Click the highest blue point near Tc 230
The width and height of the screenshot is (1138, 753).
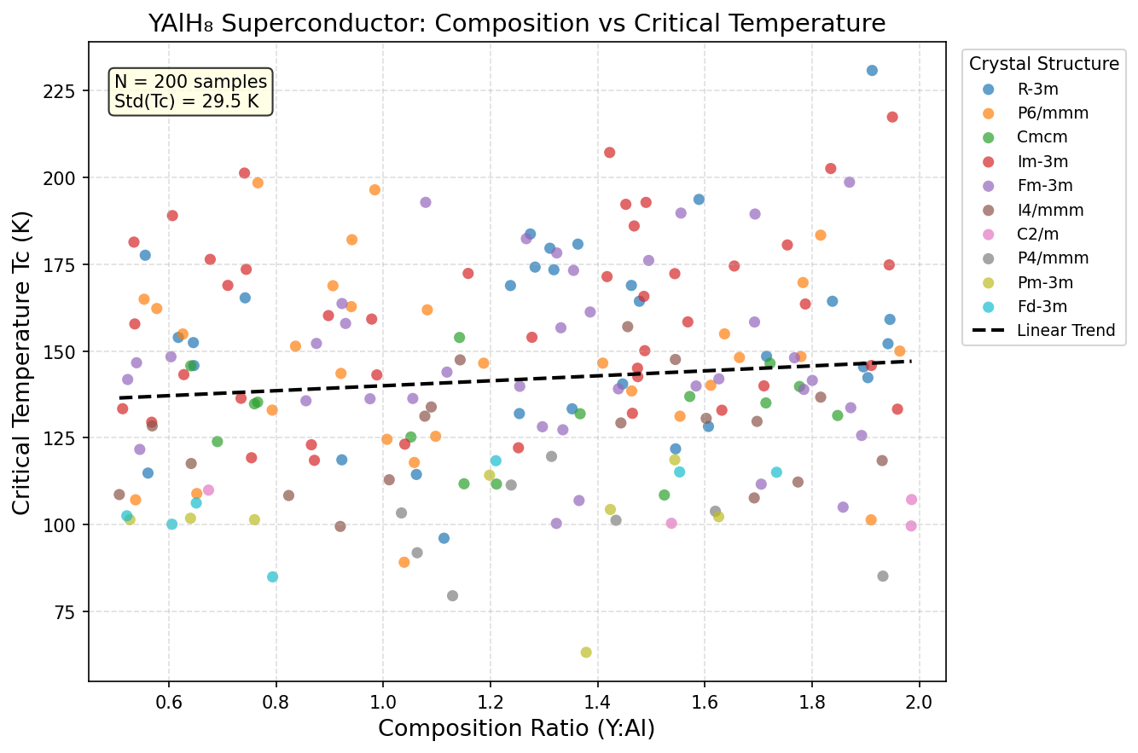[872, 71]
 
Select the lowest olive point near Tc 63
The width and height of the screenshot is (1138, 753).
[586, 652]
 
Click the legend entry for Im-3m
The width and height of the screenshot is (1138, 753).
[1042, 160]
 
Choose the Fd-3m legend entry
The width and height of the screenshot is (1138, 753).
[1042, 306]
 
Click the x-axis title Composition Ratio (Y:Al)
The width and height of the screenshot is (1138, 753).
[516, 729]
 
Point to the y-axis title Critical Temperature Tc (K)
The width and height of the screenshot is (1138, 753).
[22, 362]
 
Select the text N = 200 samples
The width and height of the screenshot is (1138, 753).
[190, 82]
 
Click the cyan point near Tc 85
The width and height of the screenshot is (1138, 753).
[273, 576]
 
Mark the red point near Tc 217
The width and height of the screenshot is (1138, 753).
[892, 117]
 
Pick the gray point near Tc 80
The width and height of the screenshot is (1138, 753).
[452, 596]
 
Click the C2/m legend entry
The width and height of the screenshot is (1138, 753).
[1038, 234]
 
